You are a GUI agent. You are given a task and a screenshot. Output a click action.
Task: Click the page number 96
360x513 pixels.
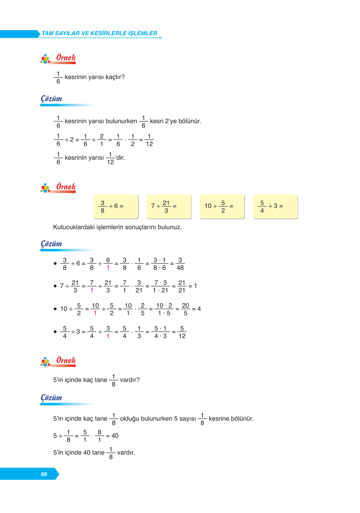44,474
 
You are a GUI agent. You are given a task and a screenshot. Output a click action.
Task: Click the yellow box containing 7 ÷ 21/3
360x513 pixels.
169,207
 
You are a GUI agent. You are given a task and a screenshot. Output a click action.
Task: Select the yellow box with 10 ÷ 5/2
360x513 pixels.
222,207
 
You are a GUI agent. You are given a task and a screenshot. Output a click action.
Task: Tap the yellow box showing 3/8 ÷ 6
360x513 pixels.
116,207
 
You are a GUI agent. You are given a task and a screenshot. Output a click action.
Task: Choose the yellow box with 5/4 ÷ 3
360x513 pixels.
275,207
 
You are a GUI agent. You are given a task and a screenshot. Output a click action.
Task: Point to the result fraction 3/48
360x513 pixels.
180,264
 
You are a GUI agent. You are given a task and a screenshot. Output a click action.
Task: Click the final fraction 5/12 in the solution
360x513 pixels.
182,332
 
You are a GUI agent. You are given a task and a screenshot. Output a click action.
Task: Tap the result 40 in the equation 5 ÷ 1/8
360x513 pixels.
115,436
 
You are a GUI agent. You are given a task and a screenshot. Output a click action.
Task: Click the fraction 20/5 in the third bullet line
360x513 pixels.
185,309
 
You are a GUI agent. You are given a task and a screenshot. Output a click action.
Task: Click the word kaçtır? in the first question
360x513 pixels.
115,77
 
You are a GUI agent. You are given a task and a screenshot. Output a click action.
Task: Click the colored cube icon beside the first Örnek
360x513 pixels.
45,59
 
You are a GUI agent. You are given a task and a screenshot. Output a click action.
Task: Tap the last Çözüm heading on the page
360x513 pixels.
51,398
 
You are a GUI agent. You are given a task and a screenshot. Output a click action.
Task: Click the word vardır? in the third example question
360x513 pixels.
130,380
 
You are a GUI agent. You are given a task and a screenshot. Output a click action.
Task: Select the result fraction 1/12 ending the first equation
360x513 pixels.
149,140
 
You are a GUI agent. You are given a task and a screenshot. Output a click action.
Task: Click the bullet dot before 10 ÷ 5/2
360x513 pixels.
55,309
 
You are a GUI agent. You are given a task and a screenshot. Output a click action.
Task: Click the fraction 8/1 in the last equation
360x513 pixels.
99,436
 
